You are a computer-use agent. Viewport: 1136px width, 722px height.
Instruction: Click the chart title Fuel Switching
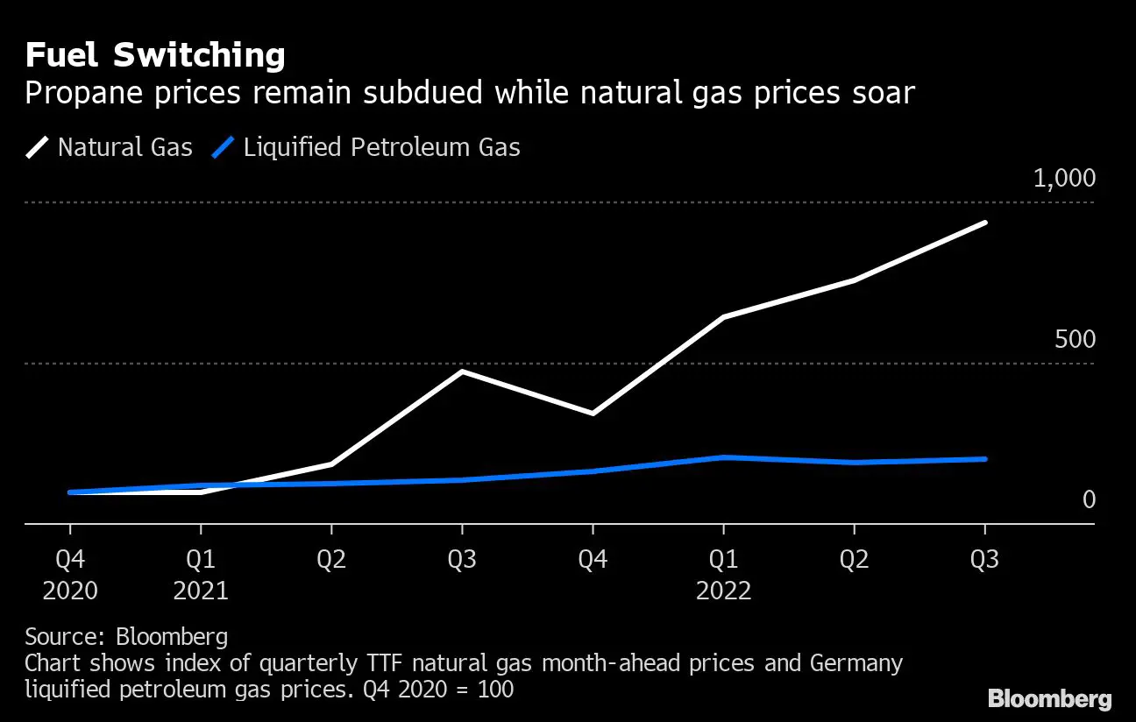pos(155,56)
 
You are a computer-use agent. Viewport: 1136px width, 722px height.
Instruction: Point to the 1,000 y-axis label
pos(1064,179)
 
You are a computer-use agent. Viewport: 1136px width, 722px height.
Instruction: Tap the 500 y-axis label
pos(1075,340)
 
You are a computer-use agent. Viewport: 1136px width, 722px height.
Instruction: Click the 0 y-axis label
pos(1089,499)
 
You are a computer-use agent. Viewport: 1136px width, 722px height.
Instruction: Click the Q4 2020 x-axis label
pos(70,574)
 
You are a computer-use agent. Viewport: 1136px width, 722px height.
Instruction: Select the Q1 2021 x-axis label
pos(201,574)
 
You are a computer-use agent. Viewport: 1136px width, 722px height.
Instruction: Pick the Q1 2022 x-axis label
pos(723,574)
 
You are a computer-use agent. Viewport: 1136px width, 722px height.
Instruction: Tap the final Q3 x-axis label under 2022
pos(984,559)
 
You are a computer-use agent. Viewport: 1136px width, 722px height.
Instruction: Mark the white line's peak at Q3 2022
pos(985,223)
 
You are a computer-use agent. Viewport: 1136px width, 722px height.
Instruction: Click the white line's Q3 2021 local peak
pos(462,372)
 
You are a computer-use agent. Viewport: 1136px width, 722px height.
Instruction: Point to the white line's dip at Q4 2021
pos(593,413)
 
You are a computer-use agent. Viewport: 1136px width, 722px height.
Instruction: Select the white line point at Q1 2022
pos(723,317)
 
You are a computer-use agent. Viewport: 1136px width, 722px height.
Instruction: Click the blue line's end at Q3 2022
pos(985,459)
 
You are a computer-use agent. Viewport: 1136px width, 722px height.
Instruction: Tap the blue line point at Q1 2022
pos(723,457)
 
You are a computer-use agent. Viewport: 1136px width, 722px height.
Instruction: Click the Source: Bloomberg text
pos(126,636)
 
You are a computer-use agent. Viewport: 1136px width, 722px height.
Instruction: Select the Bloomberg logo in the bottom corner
pos(1049,698)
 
